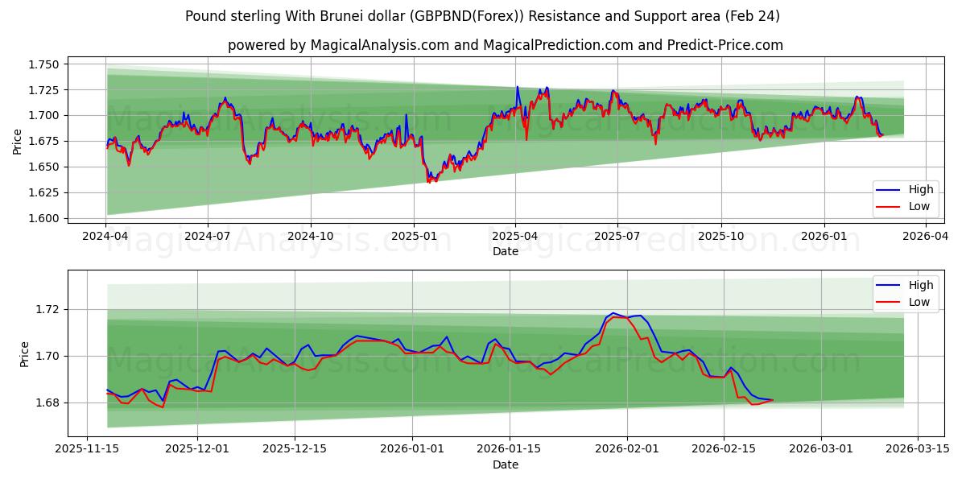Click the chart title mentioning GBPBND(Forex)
(x=482, y=16)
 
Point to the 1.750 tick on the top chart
(x=43, y=64)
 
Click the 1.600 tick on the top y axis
(x=43, y=218)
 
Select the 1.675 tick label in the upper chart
(x=43, y=141)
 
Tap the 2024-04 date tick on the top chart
(x=105, y=237)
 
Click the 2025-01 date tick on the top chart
(x=413, y=237)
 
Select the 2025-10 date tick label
(x=720, y=237)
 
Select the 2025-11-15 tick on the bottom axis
(x=87, y=450)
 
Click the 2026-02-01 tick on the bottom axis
(x=627, y=450)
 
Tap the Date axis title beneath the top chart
(x=505, y=251)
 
